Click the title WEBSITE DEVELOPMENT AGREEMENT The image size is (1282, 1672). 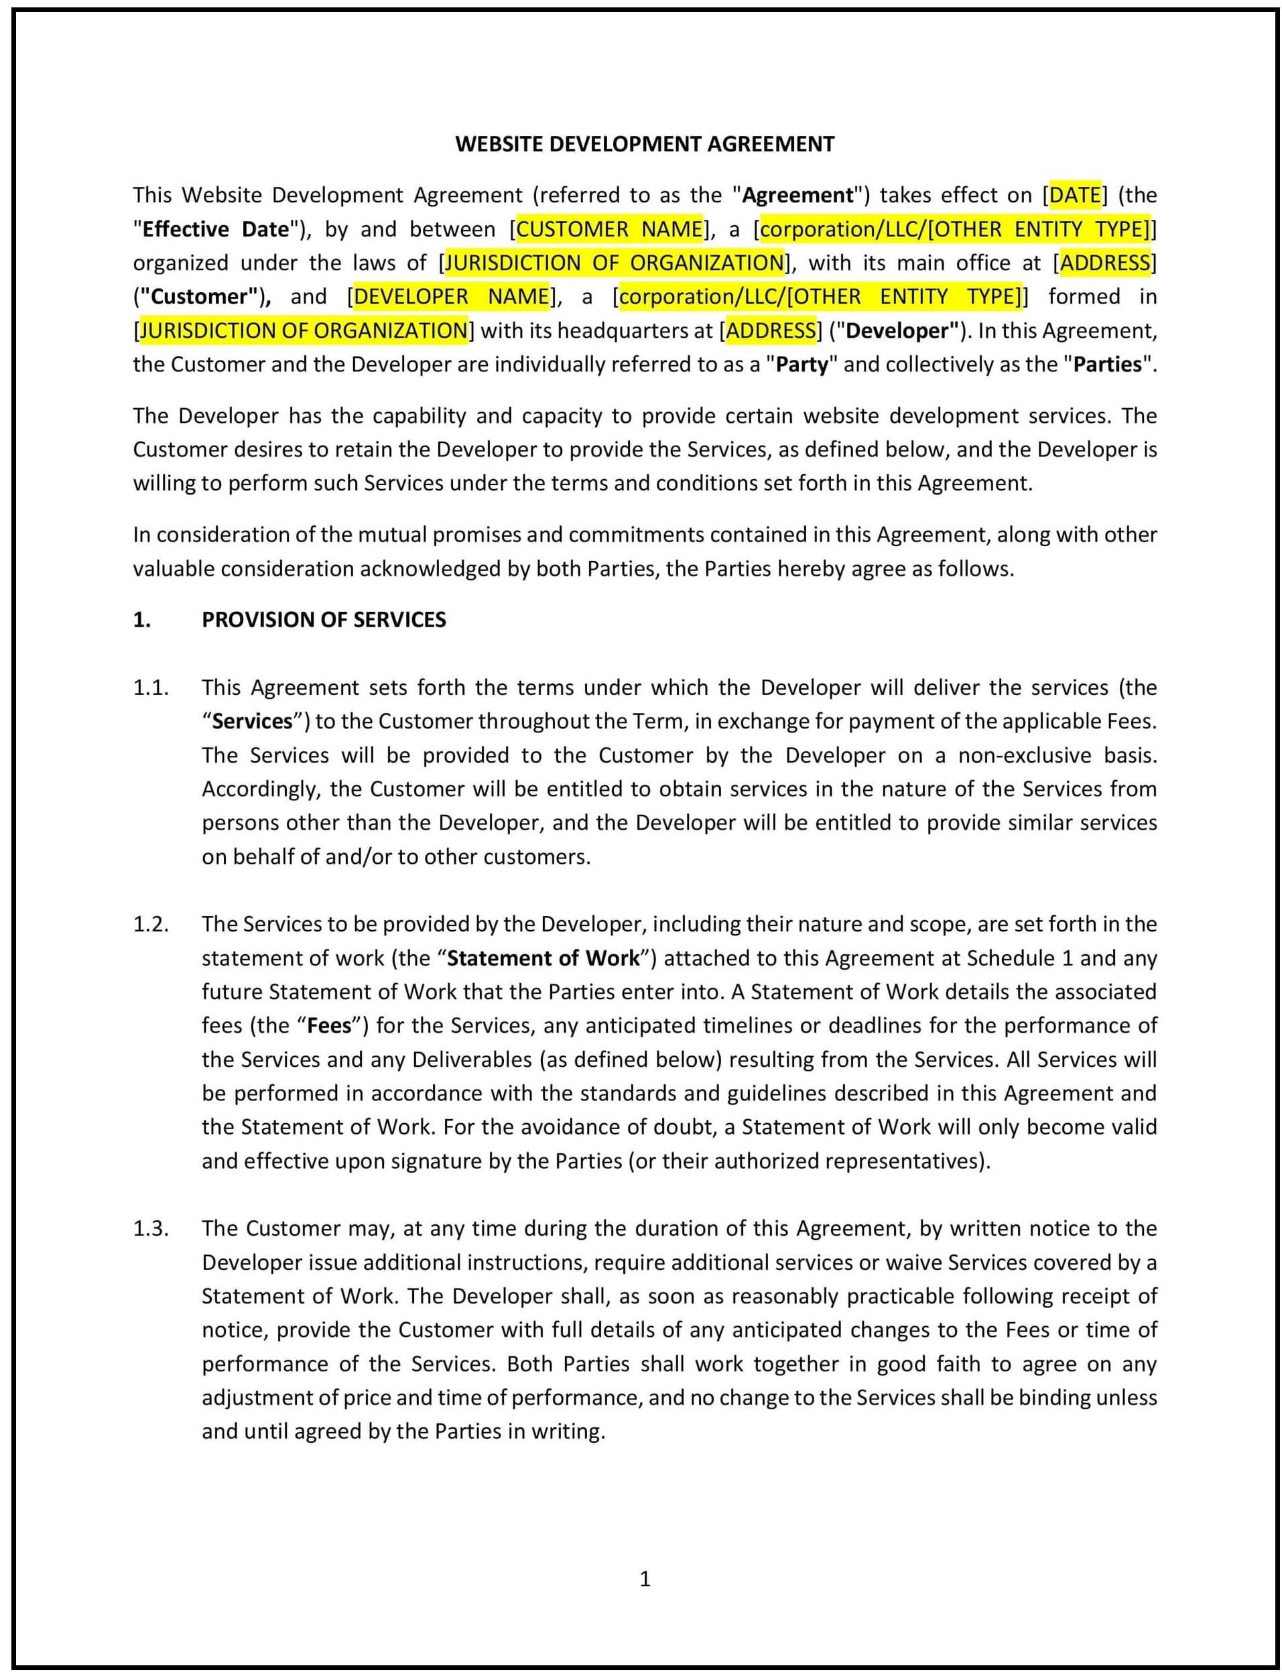[x=645, y=143]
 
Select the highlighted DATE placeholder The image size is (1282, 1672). [x=1074, y=196]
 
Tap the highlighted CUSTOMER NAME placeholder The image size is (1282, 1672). [x=610, y=229]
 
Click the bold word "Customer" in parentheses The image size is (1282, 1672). [x=200, y=296]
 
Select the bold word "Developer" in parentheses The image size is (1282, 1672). [x=898, y=330]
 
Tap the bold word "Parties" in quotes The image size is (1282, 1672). [x=1107, y=364]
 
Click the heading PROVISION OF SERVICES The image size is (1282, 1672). [x=324, y=620]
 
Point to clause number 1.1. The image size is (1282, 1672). [x=150, y=688]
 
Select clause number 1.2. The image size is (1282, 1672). [x=150, y=924]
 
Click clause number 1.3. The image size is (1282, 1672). [x=150, y=1228]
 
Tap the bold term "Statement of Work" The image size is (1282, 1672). [x=543, y=958]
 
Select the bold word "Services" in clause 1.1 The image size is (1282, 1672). [x=253, y=721]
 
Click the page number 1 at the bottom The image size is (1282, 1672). [x=645, y=1578]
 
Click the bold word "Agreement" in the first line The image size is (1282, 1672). [x=797, y=196]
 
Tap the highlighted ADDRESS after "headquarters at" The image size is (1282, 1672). [x=771, y=330]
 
